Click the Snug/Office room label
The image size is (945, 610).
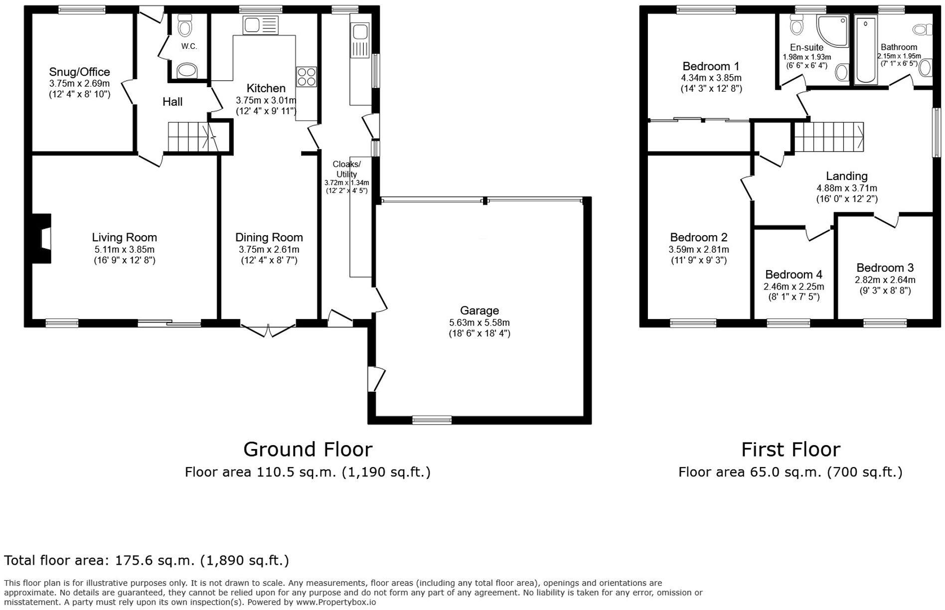[x=79, y=72]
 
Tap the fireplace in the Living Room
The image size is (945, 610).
[x=43, y=238]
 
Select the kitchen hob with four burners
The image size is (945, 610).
[x=306, y=77]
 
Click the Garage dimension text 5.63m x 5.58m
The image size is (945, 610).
[x=479, y=322]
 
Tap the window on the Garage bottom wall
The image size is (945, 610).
[x=432, y=420]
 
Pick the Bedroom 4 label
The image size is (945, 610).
[x=793, y=275]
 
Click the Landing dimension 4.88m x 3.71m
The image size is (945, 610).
[x=846, y=188]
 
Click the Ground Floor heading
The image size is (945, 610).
[x=308, y=450]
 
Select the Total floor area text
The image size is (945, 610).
[x=147, y=561]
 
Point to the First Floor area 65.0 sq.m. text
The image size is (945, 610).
[x=790, y=472]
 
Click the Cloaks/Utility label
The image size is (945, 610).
[x=346, y=169]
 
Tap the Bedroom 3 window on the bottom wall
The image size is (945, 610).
[x=885, y=323]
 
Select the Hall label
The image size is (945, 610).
[x=172, y=102]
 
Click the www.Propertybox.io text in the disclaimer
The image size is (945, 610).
[x=336, y=602]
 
